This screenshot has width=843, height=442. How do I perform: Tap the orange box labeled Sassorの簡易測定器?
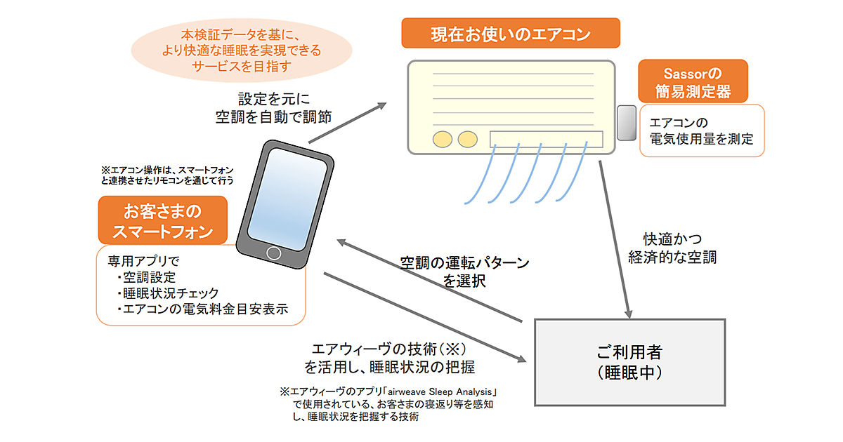point(693,81)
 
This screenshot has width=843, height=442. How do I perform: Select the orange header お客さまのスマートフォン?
point(163,220)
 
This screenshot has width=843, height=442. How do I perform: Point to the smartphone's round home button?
point(274,253)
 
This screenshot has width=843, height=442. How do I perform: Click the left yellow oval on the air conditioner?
point(443,139)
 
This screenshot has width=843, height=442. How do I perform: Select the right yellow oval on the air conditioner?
point(467,139)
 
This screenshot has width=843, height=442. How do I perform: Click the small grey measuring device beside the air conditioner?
point(625,123)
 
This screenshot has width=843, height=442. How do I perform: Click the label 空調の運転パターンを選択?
point(464,272)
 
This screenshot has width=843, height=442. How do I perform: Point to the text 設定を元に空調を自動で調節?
point(273,107)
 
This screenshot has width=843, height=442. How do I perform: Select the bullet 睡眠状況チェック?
point(168,293)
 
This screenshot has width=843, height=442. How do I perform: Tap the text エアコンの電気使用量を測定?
point(701,130)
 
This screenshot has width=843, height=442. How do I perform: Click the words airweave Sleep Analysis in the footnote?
point(440,391)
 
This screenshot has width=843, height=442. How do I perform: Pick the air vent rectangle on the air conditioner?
point(546,138)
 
